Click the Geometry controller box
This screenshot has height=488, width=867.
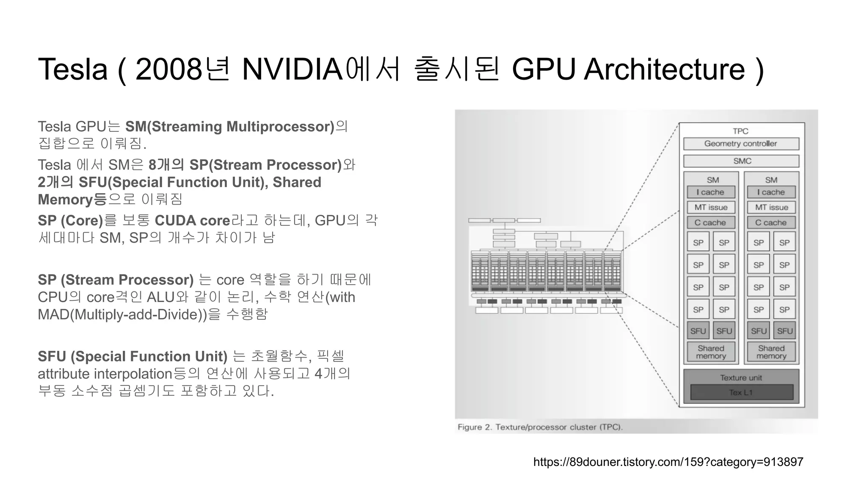(x=741, y=144)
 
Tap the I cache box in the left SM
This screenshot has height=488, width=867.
(x=711, y=192)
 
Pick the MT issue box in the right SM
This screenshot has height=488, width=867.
(x=771, y=208)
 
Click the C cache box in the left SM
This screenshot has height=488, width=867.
(x=710, y=222)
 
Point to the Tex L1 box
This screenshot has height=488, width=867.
(x=741, y=392)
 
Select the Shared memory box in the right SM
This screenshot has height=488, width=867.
(x=771, y=352)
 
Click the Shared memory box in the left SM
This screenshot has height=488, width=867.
(x=711, y=352)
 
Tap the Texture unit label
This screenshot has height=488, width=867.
(x=741, y=377)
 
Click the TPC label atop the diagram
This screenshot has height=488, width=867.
(x=741, y=131)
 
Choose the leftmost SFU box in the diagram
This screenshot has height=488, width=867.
(x=698, y=331)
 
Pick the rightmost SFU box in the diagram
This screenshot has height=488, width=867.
(x=784, y=331)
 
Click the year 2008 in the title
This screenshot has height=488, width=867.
(x=168, y=69)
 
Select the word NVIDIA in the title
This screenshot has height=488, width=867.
(x=292, y=69)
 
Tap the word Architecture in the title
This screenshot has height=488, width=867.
(x=664, y=69)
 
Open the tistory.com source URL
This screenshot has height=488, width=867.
(x=668, y=462)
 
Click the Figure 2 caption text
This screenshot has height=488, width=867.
(x=540, y=427)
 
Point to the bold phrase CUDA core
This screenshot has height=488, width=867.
(x=192, y=221)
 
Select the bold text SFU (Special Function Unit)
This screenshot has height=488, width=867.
(x=133, y=357)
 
